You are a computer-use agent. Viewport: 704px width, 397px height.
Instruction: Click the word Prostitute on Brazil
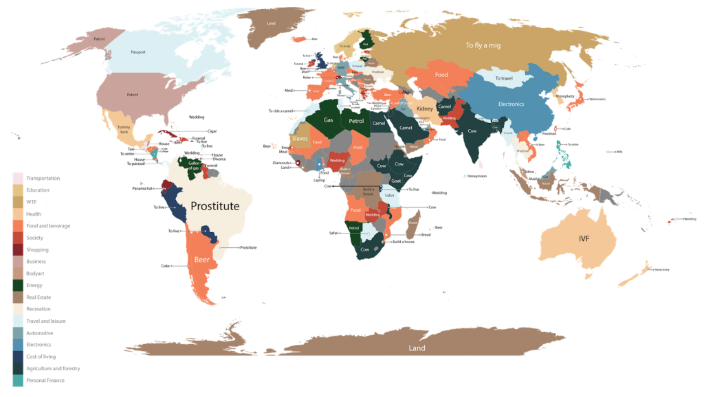pos(214,206)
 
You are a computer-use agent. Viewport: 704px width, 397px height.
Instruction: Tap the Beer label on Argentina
pos(201,260)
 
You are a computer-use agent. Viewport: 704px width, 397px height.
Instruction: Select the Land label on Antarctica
pos(416,348)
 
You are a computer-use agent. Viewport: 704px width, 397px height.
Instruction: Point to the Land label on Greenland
pos(271,23)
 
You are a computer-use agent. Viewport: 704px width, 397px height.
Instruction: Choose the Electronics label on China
pos(511,104)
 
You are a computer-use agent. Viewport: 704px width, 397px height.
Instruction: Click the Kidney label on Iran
pos(425,109)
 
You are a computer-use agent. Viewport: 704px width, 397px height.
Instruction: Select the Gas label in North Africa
pos(328,120)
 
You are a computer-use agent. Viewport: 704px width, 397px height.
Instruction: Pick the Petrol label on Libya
pos(356,121)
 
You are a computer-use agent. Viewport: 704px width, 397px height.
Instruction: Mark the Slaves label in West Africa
pos(300,139)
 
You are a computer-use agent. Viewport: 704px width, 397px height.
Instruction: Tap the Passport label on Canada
pos(139,52)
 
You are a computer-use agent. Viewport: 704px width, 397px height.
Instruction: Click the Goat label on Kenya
pos(395,181)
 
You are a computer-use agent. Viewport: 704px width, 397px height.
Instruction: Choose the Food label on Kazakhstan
pos(441,75)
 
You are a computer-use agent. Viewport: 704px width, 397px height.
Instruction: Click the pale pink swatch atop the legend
pos(18,178)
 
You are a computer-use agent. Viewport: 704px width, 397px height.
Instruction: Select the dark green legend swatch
pos(18,285)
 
